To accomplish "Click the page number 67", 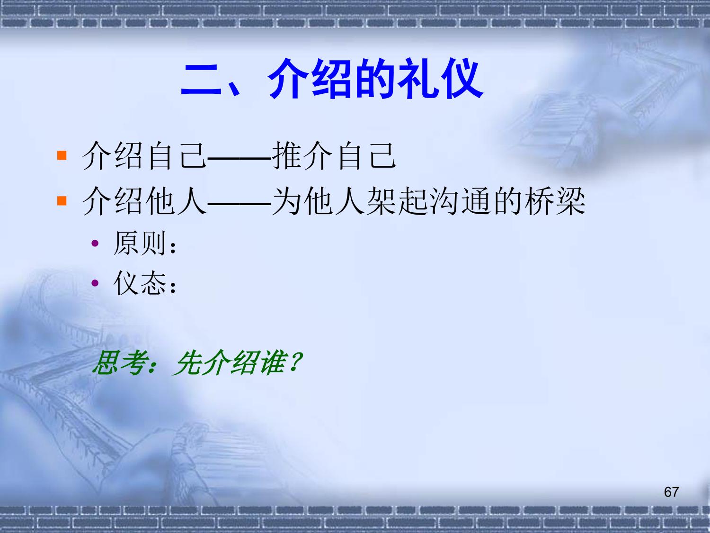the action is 671,492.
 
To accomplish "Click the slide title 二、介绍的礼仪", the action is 332,79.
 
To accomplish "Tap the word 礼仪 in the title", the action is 440,79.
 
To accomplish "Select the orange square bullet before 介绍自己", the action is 62,155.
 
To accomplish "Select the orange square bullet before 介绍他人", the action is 62,200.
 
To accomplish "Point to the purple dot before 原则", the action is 95,243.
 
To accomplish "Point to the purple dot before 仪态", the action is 95,283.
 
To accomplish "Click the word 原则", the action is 140,243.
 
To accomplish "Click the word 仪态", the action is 140,283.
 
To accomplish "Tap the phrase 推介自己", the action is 334,156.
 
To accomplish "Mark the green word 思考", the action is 118,363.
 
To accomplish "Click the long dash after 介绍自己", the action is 239,159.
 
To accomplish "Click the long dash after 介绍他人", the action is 239,204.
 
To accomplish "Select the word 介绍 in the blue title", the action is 310,79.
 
